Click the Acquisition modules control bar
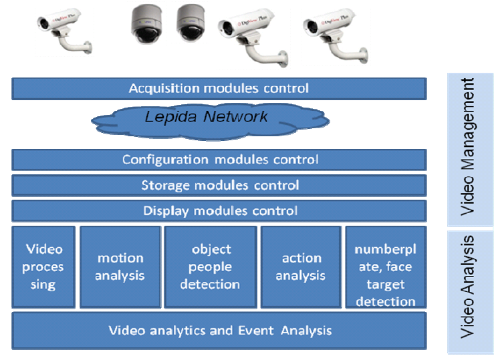click(219, 88)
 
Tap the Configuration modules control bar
click(219, 160)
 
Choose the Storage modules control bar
click(219, 185)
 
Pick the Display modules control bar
click(219, 211)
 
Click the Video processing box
click(44, 266)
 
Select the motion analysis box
click(120, 266)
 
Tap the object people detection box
click(211, 266)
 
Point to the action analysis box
click(301, 266)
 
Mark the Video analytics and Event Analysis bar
click(219, 331)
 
